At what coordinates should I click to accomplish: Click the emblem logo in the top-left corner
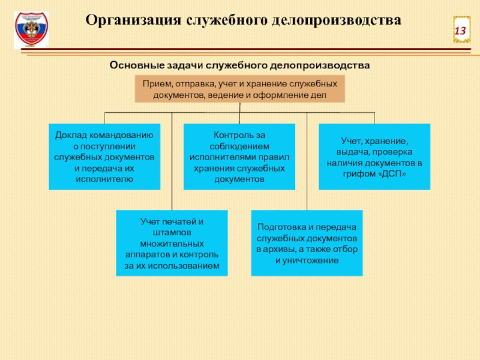(x=31, y=30)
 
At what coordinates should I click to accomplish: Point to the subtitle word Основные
(x=136, y=64)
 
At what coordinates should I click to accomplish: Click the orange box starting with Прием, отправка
(x=240, y=89)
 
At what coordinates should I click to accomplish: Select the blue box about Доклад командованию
(x=104, y=157)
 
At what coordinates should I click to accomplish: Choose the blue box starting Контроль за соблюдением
(x=239, y=157)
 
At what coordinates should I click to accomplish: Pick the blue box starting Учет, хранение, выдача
(x=374, y=157)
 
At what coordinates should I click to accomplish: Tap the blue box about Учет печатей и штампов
(x=172, y=243)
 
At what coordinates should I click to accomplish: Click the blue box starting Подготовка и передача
(x=307, y=243)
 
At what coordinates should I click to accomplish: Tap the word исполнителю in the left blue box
(x=104, y=179)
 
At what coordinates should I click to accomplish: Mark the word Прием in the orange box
(x=154, y=83)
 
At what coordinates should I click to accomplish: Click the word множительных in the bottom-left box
(x=172, y=244)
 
